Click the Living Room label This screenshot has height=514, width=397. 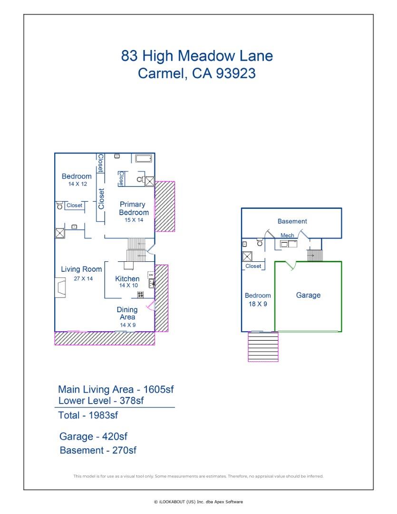(81, 269)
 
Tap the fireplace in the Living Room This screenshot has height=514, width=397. (60, 288)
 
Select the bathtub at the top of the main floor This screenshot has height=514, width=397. (143, 159)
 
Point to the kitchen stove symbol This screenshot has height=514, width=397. (141, 295)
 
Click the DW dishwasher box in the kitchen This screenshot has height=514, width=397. (151, 275)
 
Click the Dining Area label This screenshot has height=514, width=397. (127, 313)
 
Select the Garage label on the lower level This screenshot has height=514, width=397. (308, 295)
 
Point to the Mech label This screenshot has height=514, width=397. (287, 235)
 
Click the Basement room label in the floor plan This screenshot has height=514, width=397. (292, 221)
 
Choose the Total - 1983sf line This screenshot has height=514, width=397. (88, 415)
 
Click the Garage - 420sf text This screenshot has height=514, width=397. (93, 436)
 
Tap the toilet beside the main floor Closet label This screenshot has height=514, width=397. (60, 206)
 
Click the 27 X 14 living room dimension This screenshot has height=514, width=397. (83, 279)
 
